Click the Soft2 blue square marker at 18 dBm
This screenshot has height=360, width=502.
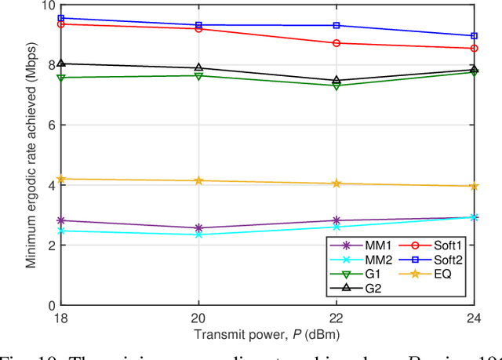(61, 18)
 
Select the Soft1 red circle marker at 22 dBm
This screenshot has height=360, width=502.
(336, 43)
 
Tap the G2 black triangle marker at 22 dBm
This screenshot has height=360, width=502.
(336, 80)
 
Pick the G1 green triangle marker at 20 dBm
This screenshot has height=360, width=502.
(198, 76)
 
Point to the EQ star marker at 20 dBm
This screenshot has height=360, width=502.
(198, 180)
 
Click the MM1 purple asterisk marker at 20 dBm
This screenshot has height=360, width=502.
(198, 228)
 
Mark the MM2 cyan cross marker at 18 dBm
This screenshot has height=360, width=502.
(61, 231)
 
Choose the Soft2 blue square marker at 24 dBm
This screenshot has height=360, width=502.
(474, 36)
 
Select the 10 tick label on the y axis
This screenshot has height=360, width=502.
(49, 5)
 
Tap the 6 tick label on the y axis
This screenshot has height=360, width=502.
(52, 125)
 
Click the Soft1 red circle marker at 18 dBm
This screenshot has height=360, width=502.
(61, 24)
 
